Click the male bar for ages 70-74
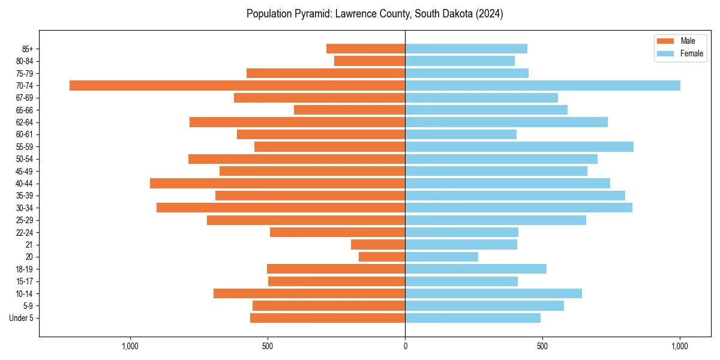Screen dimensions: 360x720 [x=237, y=85]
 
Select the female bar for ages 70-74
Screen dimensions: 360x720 [x=542, y=85]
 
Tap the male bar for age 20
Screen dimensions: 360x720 [x=382, y=257]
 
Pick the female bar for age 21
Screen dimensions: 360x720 [x=461, y=244]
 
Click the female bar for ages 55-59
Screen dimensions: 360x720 [x=519, y=146]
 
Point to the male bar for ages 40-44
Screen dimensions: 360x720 [x=277, y=183]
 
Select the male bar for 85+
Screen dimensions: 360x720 [x=365, y=49]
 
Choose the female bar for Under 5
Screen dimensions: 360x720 [x=473, y=318]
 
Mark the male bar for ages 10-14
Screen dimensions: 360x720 [x=309, y=293]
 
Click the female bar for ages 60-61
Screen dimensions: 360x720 [x=461, y=134]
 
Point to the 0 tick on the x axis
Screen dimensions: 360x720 [x=405, y=346]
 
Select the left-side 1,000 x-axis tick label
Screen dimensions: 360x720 [x=130, y=346]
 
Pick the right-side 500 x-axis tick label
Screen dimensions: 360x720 [x=542, y=346]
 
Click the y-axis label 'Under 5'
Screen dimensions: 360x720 [x=21, y=318]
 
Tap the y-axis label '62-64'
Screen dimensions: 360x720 [x=25, y=122]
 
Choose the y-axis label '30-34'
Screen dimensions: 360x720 [x=25, y=208]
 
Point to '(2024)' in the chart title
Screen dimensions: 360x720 [x=490, y=14]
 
